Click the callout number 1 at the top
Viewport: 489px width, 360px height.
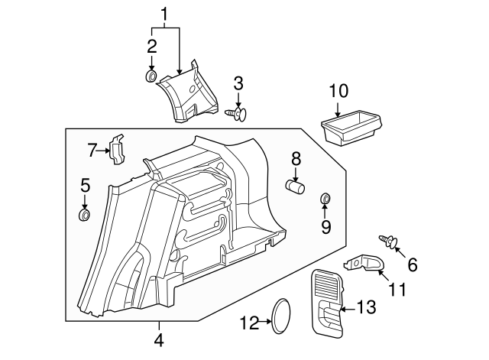[164, 13]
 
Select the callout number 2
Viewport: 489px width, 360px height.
[152, 45]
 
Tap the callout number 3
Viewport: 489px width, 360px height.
[238, 83]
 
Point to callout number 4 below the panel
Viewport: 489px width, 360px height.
[159, 339]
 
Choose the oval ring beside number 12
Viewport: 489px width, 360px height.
[282, 316]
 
